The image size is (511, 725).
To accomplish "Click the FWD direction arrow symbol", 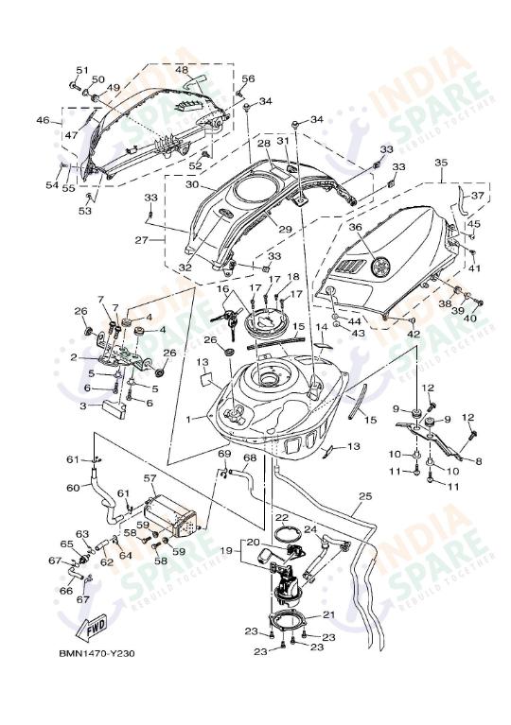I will pyautogui.click(x=96, y=626).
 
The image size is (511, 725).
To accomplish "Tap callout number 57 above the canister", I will pyautogui.click(x=150, y=479).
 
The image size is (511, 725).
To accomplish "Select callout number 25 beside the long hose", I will pyautogui.click(x=365, y=496).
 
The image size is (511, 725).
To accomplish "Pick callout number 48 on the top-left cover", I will pyautogui.click(x=181, y=69).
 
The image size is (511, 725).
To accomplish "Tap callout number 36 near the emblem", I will pyautogui.click(x=355, y=227).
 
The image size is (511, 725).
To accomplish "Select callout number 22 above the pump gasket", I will pyautogui.click(x=282, y=518).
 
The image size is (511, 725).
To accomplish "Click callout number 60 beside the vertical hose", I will pyautogui.click(x=72, y=488).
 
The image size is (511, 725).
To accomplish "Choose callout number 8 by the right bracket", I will pyautogui.click(x=478, y=461).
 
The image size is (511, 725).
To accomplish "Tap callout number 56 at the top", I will pyautogui.click(x=248, y=79).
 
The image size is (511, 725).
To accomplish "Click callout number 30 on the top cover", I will pyautogui.click(x=192, y=185).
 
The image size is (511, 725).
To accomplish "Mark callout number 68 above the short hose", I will pyautogui.click(x=249, y=459).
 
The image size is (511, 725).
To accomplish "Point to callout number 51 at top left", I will pyautogui.click(x=81, y=71).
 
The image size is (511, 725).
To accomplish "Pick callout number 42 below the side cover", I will pyautogui.click(x=414, y=335).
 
